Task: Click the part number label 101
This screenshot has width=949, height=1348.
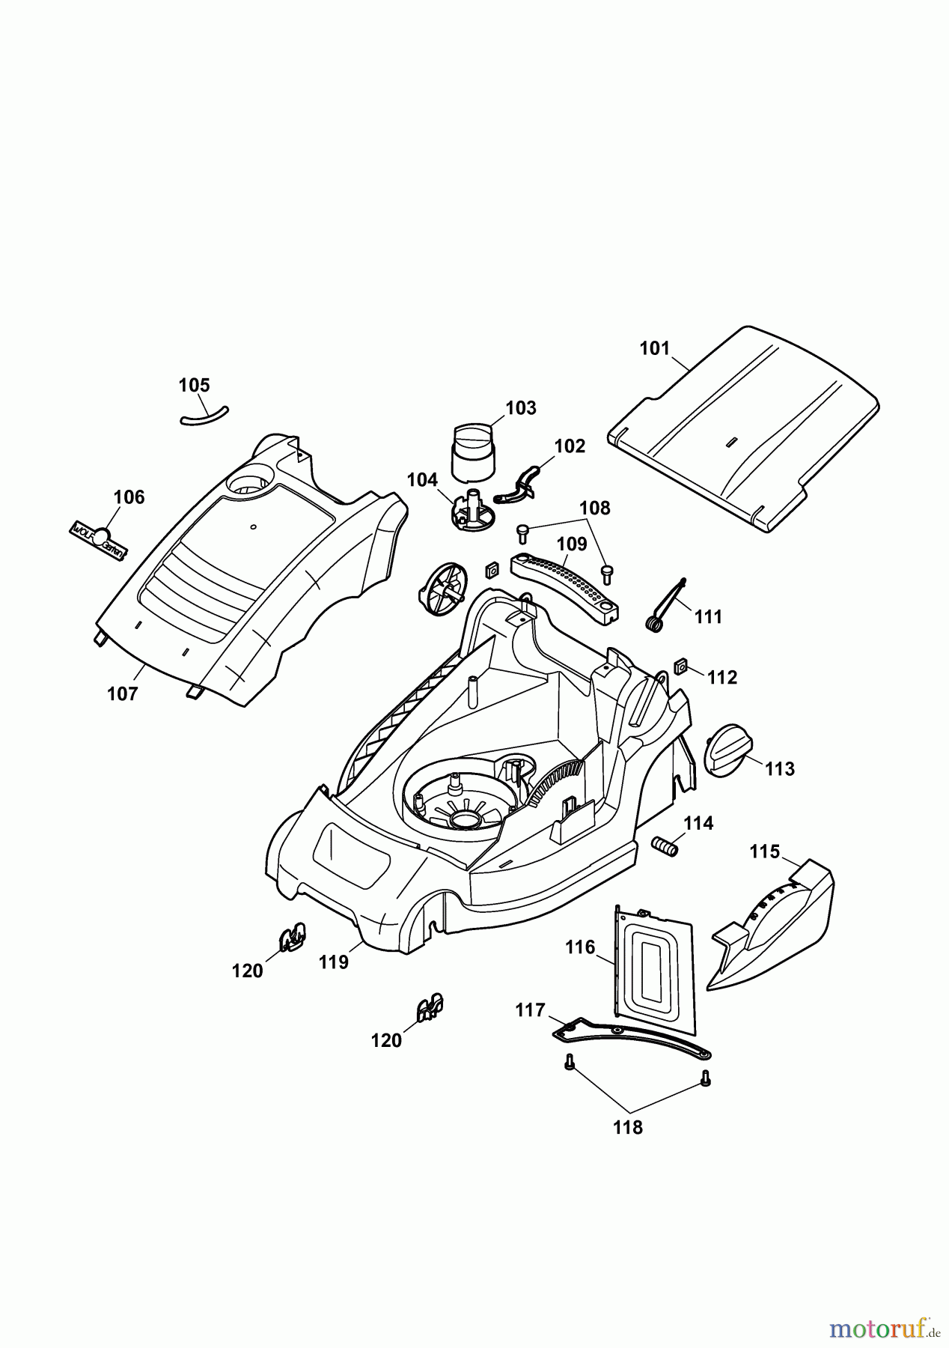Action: [x=655, y=349]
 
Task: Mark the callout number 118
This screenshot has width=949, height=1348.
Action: [x=627, y=1127]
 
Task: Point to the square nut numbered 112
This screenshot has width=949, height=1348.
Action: [x=681, y=665]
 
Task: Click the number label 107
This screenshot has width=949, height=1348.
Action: [x=123, y=693]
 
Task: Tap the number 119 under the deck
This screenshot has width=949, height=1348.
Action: [x=334, y=962]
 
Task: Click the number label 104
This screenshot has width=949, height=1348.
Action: [x=422, y=480]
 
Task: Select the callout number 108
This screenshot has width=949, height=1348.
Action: [x=595, y=508]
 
